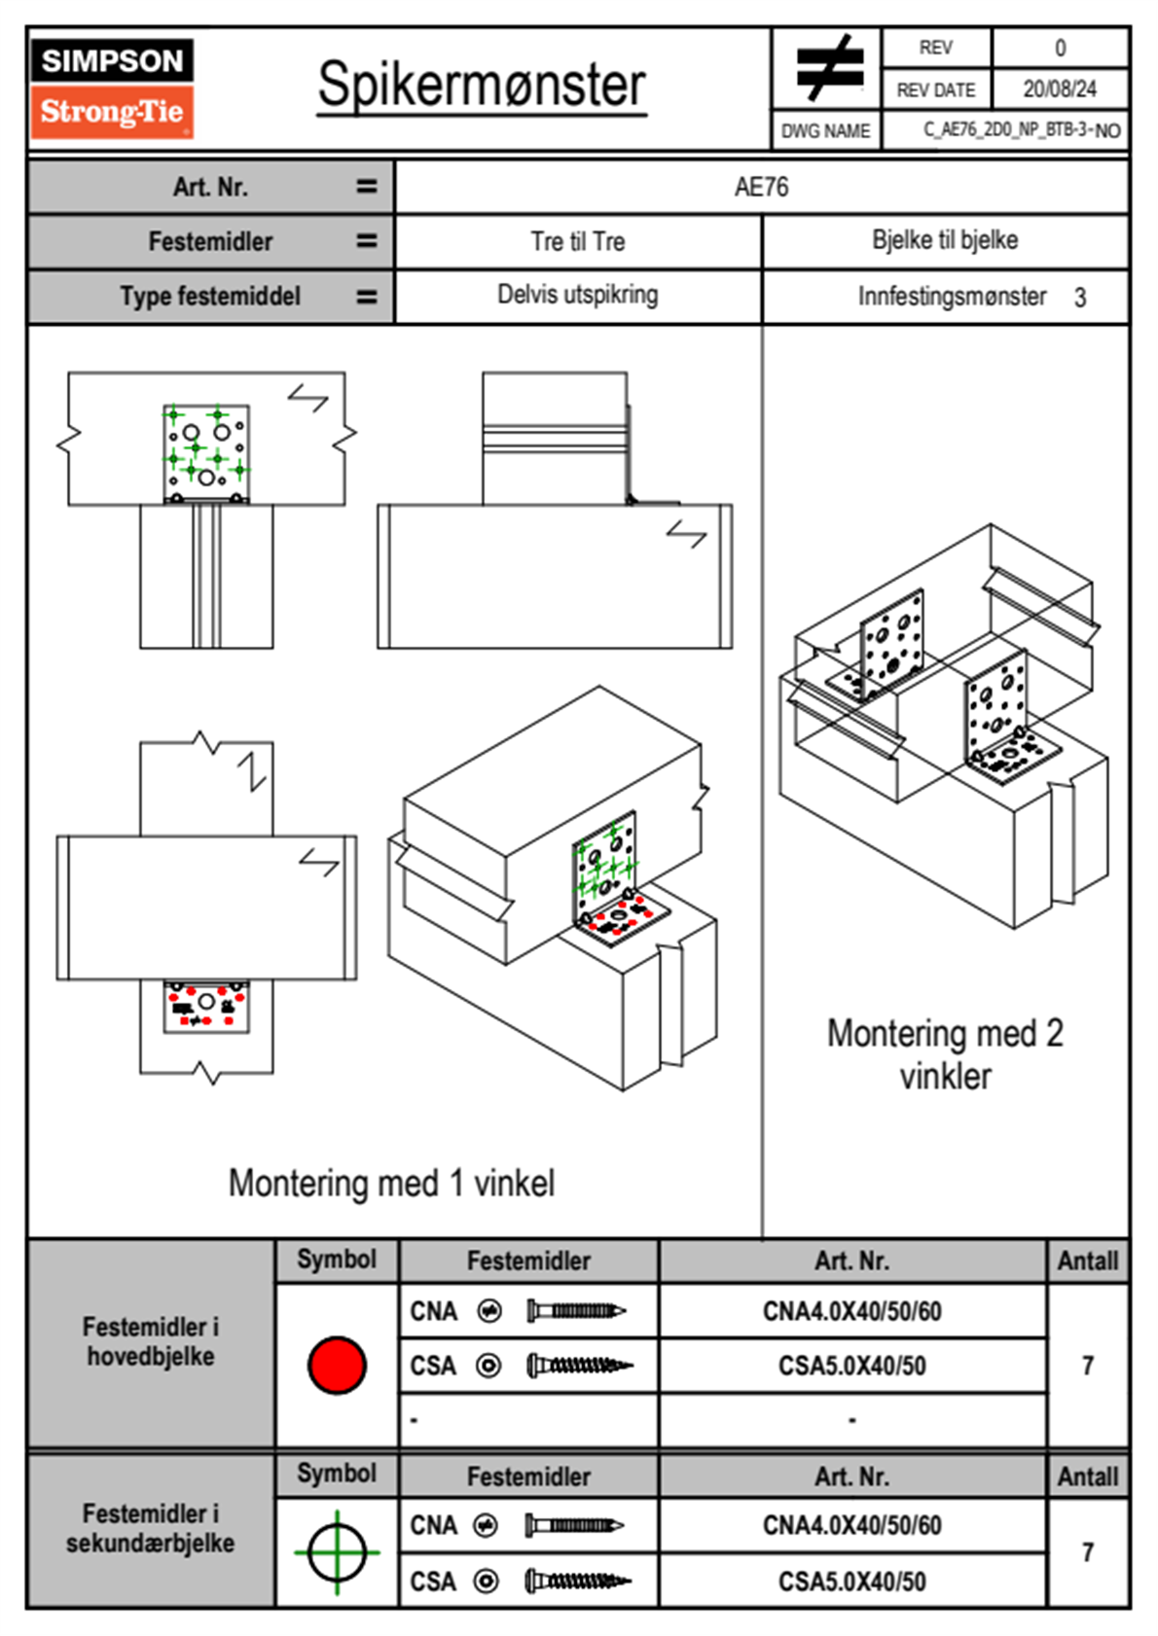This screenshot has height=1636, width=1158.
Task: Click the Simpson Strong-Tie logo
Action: click(111, 88)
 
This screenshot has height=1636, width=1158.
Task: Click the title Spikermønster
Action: click(481, 85)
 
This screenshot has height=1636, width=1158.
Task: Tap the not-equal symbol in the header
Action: click(828, 68)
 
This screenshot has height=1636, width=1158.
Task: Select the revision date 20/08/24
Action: click(1059, 89)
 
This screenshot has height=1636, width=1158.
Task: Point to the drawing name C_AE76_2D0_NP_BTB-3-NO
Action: click(1021, 130)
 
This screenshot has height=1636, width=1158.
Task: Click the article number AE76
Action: click(761, 187)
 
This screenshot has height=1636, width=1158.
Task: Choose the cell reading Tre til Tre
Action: click(577, 241)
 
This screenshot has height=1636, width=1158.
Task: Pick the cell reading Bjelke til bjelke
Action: click(944, 240)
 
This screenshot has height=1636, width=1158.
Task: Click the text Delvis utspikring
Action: click(577, 295)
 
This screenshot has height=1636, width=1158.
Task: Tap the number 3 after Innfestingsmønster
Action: click(1079, 298)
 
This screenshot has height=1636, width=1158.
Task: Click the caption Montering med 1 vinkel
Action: click(391, 1183)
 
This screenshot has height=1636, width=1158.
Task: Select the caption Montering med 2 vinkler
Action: click(944, 1054)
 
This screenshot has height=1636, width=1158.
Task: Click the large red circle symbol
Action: click(337, 1365)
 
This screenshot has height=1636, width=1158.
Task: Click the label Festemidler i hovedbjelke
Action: click(151, 1341)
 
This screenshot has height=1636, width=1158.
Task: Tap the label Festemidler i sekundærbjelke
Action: click(151, 1528)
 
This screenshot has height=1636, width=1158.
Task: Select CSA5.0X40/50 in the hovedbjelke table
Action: click(851, 1366)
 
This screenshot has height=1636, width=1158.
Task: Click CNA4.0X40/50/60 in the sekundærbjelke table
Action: click(851, 1525)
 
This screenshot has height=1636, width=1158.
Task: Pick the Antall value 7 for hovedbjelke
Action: click(1087, 1366)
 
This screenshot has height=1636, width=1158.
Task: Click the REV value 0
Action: click(1060, 48)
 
